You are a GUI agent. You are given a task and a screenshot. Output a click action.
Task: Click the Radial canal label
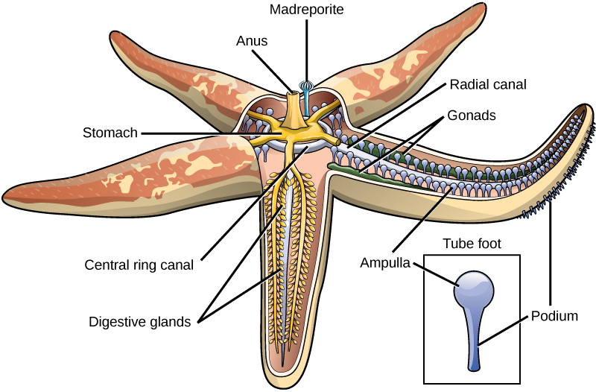click(x=488, y=84)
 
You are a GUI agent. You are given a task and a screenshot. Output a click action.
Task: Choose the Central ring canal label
click(x=139, y=264)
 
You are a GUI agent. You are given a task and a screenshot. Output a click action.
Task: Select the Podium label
click(x=555, y=316)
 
